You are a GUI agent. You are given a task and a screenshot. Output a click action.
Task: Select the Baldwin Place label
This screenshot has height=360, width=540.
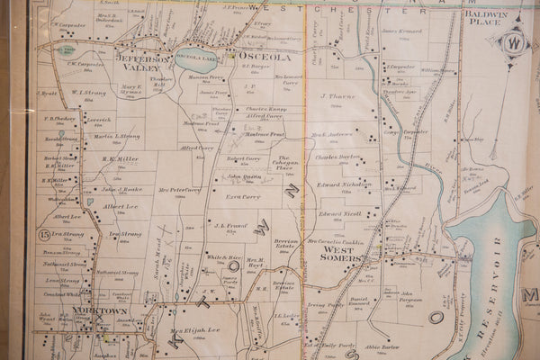(484, 19)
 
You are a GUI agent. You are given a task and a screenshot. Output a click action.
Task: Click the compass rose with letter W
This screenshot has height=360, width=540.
(515, 42)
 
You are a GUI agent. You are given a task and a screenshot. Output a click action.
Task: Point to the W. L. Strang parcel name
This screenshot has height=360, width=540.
(88, 92)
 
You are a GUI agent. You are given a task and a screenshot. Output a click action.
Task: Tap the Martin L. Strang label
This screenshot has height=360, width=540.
(116, 136)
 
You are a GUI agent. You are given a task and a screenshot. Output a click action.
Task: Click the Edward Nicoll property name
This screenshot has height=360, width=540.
(339, 213)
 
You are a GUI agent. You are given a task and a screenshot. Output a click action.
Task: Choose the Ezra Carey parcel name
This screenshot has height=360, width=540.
(242, 195)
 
